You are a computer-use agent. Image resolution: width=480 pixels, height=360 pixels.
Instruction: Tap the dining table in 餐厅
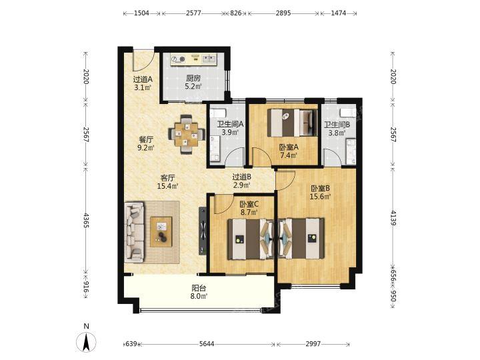coord(187,134)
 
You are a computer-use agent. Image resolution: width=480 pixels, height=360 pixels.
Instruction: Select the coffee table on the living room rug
coord(161,231)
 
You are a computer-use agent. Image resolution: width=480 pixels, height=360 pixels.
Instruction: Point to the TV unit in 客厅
coord(203,231)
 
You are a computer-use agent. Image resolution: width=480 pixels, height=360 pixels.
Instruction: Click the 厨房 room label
coord(193,79)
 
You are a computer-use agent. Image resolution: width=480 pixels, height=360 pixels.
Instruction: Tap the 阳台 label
coord(199,288)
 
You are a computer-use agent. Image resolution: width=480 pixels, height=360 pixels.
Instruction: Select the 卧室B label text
coord(320,188)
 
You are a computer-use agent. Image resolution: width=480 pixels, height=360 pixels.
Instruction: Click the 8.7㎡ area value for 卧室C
coord(249,212)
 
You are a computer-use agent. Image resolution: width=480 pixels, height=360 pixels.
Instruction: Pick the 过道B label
coord(242,177)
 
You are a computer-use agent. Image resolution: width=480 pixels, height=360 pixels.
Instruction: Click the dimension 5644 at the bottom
coord(207,344)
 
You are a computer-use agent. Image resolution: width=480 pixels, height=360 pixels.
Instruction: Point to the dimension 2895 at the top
coord(283,13)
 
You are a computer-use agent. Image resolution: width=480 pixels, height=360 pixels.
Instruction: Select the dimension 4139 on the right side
coord(393,218)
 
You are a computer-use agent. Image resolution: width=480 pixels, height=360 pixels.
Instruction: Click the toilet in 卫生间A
coord(219,112)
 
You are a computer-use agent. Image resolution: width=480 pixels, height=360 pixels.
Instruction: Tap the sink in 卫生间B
coord(351,151)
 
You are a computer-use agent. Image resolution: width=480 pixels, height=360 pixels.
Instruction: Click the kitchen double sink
coord(209,59)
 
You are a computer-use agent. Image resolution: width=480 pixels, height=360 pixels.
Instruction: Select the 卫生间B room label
coord(337,125)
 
